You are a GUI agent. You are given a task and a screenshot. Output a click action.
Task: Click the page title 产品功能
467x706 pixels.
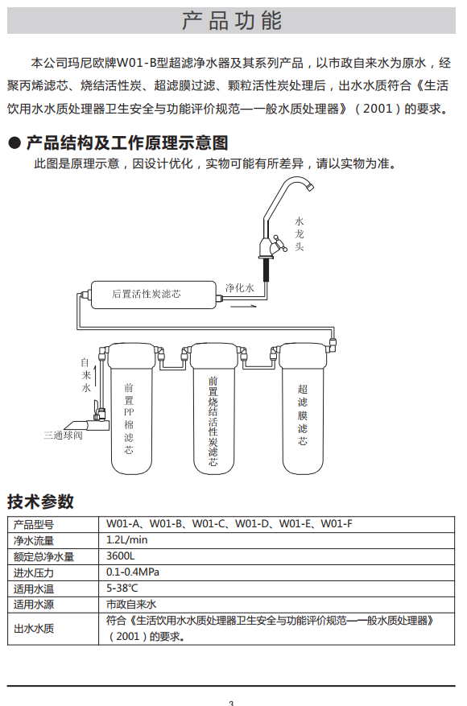232,21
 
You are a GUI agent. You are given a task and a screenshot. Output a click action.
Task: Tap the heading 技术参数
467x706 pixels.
40,502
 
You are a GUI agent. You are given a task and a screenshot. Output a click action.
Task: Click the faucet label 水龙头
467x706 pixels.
299,233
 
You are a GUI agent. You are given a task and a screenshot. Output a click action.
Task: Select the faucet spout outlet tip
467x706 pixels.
310,187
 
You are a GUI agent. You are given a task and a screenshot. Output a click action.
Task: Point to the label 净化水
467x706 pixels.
240,287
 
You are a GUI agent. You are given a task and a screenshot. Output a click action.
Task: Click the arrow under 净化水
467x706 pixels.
243,307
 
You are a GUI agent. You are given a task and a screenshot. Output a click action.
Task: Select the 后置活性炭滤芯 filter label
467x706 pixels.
147,294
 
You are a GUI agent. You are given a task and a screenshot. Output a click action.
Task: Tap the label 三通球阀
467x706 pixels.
63,436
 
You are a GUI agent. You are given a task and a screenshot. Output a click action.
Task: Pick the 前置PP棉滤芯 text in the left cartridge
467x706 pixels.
129,419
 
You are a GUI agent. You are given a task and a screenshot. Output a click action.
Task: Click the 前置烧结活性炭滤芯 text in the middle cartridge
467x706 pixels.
213,421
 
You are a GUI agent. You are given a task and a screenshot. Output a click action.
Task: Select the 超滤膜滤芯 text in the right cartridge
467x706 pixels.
303,415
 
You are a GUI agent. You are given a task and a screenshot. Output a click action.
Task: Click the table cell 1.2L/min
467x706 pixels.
127,540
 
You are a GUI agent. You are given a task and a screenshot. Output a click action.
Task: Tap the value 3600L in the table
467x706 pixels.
120,556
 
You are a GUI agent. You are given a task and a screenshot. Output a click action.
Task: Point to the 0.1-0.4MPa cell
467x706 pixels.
133,572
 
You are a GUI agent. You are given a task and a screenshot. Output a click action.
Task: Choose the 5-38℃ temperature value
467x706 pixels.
122,588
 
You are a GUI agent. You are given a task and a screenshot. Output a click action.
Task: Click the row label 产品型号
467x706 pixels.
34,525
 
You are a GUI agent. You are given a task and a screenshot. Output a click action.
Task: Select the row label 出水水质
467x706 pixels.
34,629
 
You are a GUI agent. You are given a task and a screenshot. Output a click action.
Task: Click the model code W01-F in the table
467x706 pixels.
337,524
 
